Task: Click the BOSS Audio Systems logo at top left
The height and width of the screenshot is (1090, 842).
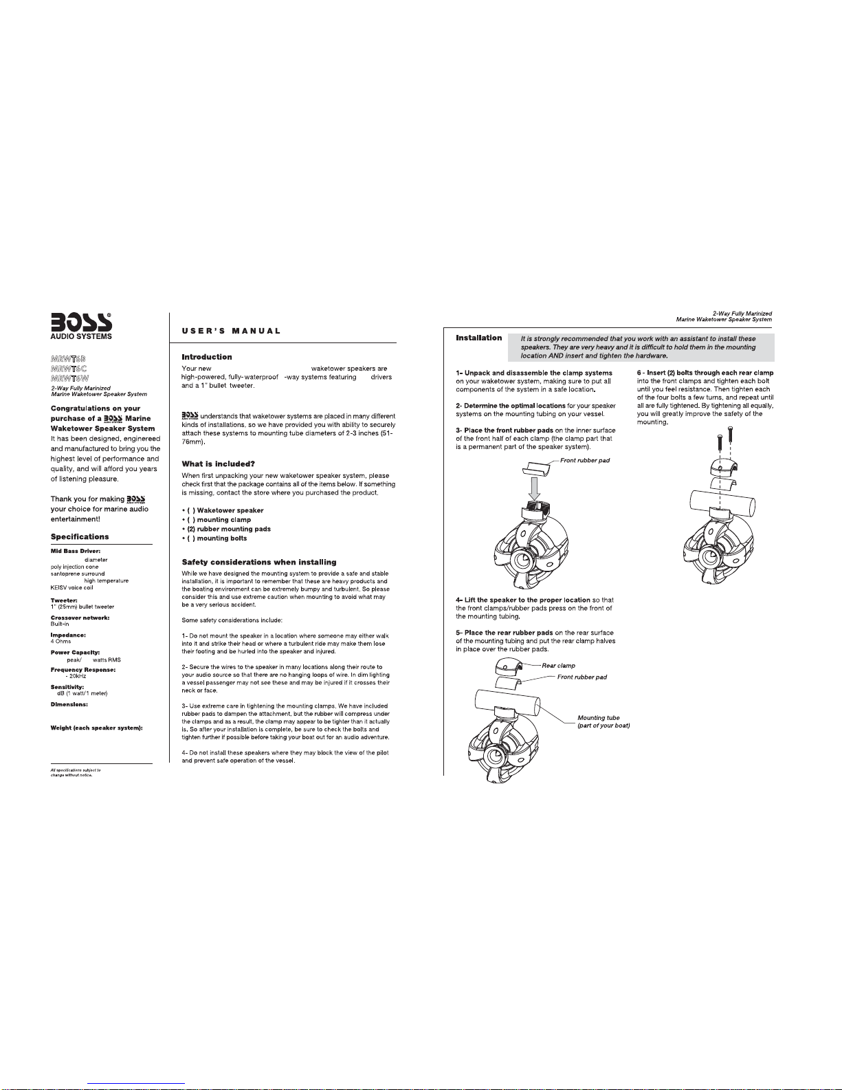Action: tap(80, 327)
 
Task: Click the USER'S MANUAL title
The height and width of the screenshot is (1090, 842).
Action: tap(231, 331)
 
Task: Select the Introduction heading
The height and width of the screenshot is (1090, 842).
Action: tap(206, 357)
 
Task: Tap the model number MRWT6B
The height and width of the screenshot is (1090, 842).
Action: tap(68, 359)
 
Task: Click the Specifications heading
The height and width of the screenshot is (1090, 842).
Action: tap(80, 536)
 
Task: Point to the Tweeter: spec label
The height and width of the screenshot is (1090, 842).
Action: tap(64, 600)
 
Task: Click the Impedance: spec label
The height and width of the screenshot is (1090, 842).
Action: tap(68, 635)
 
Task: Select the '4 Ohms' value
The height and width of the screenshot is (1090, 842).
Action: tap(60, 641)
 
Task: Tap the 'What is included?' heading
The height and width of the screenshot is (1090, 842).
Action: tap(218, 464)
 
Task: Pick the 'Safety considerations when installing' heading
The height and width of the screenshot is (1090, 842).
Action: tap(258, 563)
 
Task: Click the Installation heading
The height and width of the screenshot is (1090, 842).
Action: tap(478, 338)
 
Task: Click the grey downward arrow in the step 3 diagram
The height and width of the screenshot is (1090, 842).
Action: tap(535, 488)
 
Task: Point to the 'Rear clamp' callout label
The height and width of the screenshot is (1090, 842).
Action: tap(558, 666)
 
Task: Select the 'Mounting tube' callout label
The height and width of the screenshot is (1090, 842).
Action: tap(599, 718)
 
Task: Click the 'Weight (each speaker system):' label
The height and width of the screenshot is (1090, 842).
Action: tap(97, 728)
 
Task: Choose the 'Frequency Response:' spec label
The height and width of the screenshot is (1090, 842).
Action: tap(82, 670)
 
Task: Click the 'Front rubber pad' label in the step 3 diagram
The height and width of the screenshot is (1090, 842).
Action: tap(585, 461)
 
